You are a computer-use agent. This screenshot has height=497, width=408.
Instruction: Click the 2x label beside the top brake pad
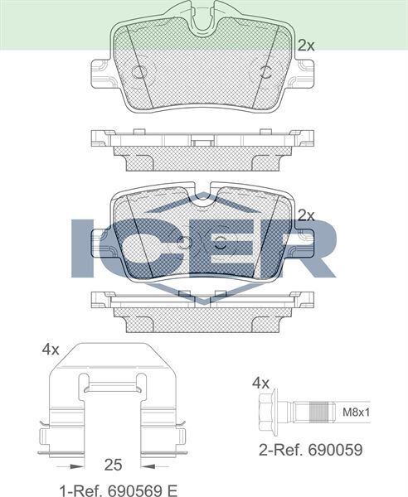click(306, 46)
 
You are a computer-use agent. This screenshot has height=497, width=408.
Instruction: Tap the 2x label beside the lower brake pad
click(306, 215)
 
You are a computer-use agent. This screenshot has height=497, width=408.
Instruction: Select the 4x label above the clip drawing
click(50, 350)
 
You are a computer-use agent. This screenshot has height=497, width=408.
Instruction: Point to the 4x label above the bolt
click(261, 383)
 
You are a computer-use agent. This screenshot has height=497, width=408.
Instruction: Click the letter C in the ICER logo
click(137, 248)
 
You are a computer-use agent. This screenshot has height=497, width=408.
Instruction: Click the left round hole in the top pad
click(138, 70)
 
